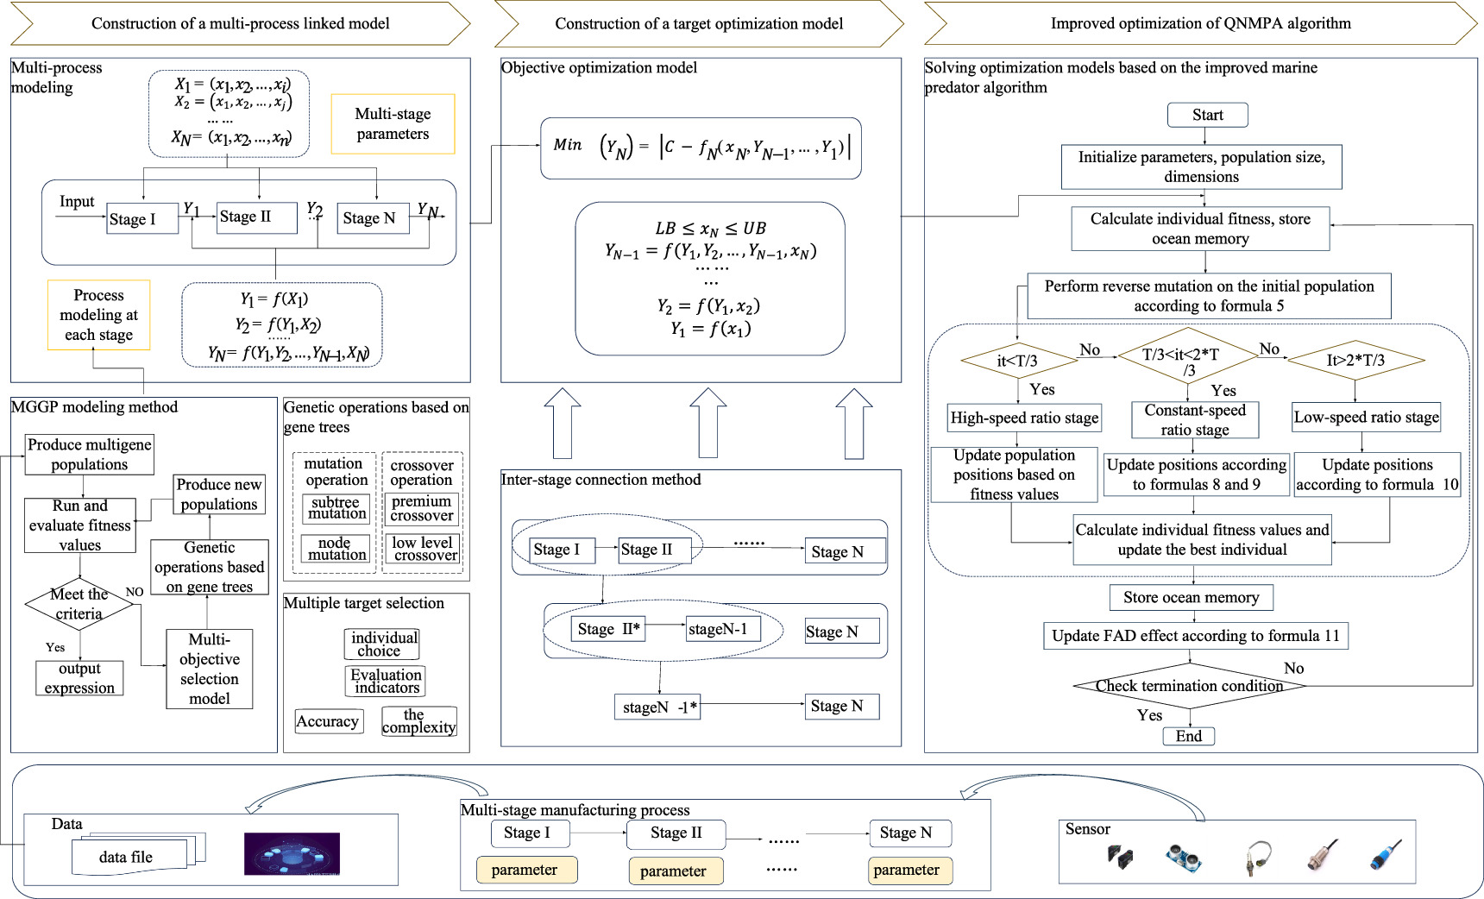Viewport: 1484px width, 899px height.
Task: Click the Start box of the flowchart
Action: (x=1207, y=115)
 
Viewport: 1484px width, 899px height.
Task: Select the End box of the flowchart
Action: (x=1188, y=736)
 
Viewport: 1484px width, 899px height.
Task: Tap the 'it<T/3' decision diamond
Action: (x=1017, y=361)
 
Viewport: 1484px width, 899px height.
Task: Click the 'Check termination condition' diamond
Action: (x=1189, y=686)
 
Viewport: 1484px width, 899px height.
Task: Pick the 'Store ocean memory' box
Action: (x=1191, y=597)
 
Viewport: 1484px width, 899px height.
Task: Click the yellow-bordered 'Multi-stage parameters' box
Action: (x=393, y=124)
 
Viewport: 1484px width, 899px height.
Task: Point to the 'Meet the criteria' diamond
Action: (x=79, y=604)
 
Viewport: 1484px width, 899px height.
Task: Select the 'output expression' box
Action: (x=79, y=678)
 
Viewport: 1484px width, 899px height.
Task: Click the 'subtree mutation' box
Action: (x=336, y=508)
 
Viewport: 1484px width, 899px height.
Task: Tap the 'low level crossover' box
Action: (x=422, y=549)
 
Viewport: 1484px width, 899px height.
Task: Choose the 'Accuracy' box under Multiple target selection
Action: (x=328, y=721)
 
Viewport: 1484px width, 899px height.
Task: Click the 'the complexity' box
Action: (x=418, y=721)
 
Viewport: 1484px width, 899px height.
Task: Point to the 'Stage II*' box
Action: (x=608, y=629)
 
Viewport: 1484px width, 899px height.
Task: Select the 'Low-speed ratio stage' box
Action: (x=1366, y=417)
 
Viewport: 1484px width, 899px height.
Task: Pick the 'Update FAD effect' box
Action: (x=1195, y=636)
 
